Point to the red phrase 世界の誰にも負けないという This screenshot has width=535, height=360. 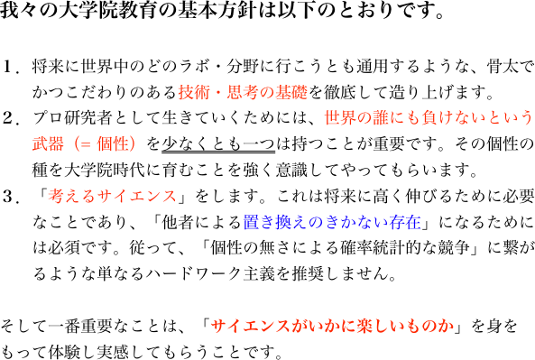(x=429, y=117)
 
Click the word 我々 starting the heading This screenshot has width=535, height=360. (x=17, y=14)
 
